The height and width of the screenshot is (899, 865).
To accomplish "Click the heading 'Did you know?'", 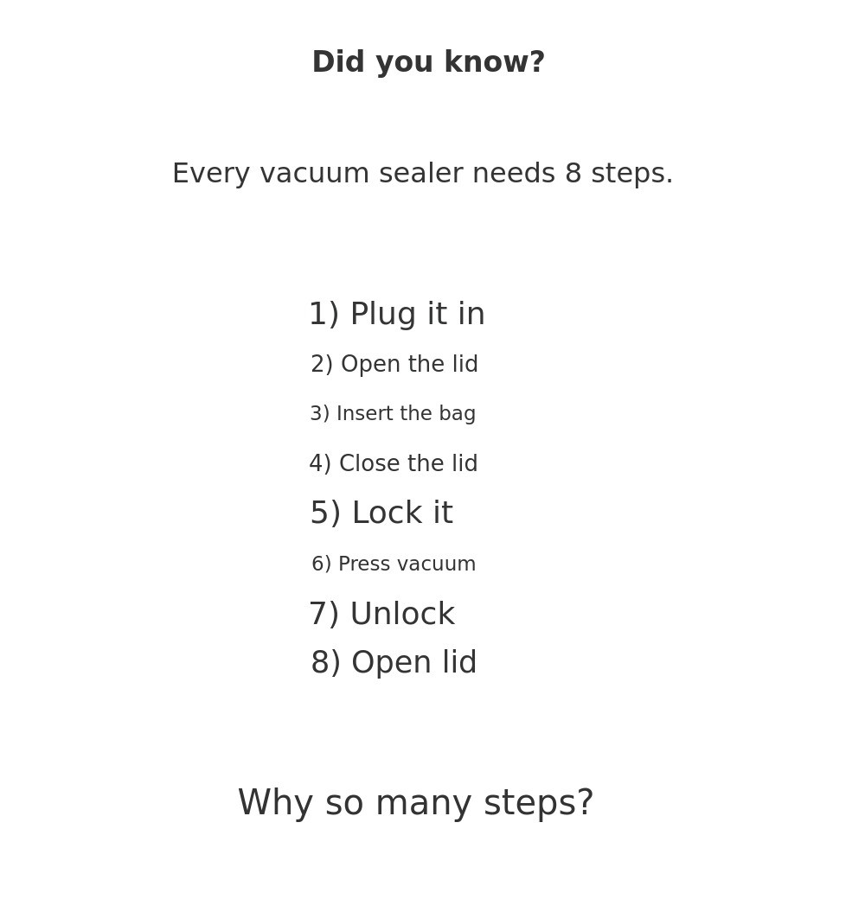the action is coord(428,62).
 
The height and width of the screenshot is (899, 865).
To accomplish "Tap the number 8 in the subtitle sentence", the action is coord(573,173).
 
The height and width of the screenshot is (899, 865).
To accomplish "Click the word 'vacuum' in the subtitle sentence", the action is coord(314,174).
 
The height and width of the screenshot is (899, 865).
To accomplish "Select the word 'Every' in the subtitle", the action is coord(211,174).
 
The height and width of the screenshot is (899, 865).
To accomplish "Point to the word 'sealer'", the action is coord(421,173).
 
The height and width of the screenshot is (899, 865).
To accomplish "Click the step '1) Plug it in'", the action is coord(397,314).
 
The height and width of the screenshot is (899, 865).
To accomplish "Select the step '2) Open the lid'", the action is coord(394,364).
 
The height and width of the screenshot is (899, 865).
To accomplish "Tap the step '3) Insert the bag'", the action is coord(393,413).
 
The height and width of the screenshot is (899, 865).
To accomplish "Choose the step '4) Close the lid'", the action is coord(394,463).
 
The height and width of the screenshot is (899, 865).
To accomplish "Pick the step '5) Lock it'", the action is coord(381,512).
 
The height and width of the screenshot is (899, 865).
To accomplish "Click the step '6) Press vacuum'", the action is coord(394,564).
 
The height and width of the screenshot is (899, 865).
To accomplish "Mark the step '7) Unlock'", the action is coord(382,614).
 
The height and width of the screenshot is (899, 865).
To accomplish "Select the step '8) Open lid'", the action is coord(394,662).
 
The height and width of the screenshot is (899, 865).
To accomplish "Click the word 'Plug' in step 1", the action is coord(383,314).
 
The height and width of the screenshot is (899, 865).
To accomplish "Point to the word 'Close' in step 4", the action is coord(365,463).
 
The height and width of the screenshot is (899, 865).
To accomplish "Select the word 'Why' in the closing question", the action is coord(276,803).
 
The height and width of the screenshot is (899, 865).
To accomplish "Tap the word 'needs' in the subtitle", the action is coord(514,173).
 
